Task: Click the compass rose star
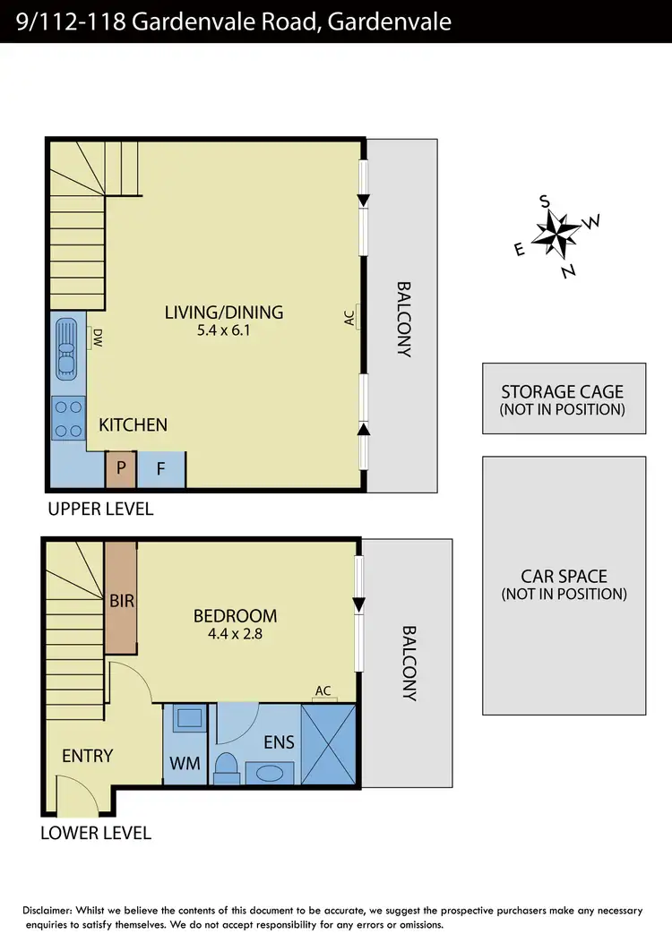pyautogui.click(x=556, y=235)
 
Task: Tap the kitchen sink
pyautogui.click(x=67, y=347)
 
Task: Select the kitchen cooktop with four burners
pyautogui.click(x=68, y=417)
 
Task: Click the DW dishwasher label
pyautogui.click(x=97, y=338)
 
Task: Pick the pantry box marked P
pyautogui.click(x=120, y=469)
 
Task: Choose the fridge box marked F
pyautogui.click(x=161, y=469)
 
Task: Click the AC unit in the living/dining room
pyautogui.click(x=357, y=316)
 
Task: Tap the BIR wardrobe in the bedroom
pyautogui.click(x=121, y=600)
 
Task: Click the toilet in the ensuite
pyautogui.click(x=228, y=767)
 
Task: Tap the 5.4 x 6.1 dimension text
pyautogui.click(x=224, y=330)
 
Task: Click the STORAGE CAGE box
pyautogui.click(x=564, y=398)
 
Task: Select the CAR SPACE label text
pyautogui.click(x=564, y=577)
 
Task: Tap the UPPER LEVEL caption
pyautogui.click(x=99, y=509)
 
